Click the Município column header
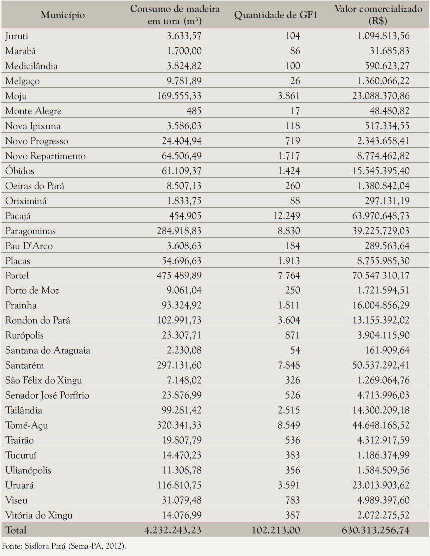pyautogui.click(x=63, y=15)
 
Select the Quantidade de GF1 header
pyautogui.click(x=276, y=15)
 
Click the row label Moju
pyautogui.click(x=16, y=96)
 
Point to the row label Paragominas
pyautogui.click(x=30, y=231)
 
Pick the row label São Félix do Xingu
pyautogui.click(x=43, y=380)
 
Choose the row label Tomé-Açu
pyautogui.click(x=26, y=425)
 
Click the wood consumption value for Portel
pyautogui.click(x=179, y=276)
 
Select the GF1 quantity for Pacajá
pyautogui.click(x=286, y=216)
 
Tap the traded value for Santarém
pyautogui.click(x=381, y=365)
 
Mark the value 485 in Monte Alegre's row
pyautogui.click(x=194, y=111)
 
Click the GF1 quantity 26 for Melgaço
pyautogui.click(x=295, y=81)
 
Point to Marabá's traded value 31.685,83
pyautogui.click(x=389, y=51)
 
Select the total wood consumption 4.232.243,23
pyautogui.click(x=173, y=530)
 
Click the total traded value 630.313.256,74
pyautogui.click(x=376, y=530)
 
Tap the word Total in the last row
pyautogui.click(x=16, y=530)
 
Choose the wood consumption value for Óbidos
pyautogui.click(x=182, y=171)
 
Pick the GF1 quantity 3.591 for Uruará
pyautogui.click(x=289, y=485)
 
